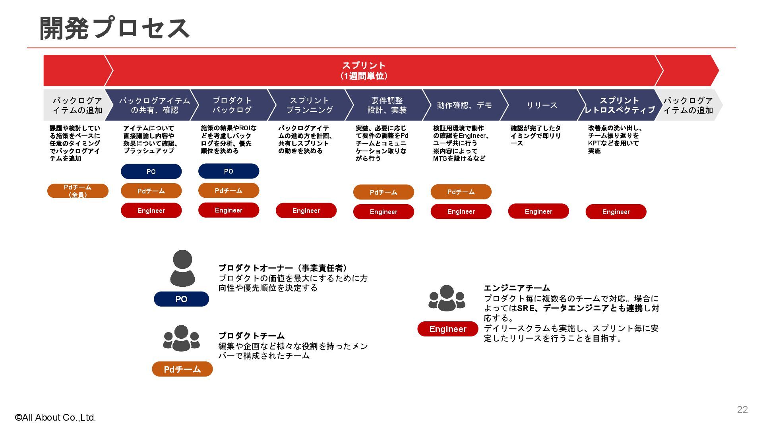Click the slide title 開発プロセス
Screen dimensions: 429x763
(x=114, y=28)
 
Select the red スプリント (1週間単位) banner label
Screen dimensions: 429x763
(x=364, y=71)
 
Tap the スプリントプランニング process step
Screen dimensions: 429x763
(x=310, y=105)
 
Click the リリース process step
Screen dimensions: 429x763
(x=542, y=105)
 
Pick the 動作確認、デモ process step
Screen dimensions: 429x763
(x=464, y=105)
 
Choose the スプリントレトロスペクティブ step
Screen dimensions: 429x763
(x=619, y=105)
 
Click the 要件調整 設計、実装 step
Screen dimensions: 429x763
(x=387, y=105)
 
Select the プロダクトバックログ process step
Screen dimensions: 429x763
(x=232, y=105)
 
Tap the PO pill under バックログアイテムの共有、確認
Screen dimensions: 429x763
(x=151, y=172)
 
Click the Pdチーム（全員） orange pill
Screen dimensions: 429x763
(x=78, y=191)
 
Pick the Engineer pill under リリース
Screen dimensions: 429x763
(x=538, y=211)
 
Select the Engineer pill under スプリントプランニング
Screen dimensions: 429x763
(x=306, y=211)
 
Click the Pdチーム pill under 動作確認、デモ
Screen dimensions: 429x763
(x=461, y=192)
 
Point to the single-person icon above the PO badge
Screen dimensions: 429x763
(x=182, y=269)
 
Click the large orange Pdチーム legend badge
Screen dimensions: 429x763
(x=182, y=369)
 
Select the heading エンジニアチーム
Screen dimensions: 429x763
(x=517, y=288)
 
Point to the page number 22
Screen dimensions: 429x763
(x=742, y=410)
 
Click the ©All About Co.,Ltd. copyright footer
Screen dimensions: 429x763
(x=56, y=417)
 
